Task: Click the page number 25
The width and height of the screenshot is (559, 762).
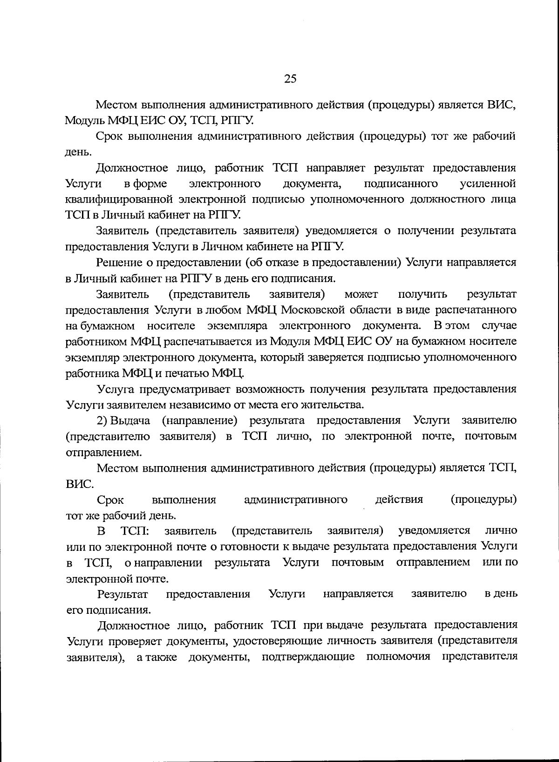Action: pyautogui.click(x=290, y=78)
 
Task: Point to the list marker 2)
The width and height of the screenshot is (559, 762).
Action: pyautogui.click(x=102, y=420)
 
